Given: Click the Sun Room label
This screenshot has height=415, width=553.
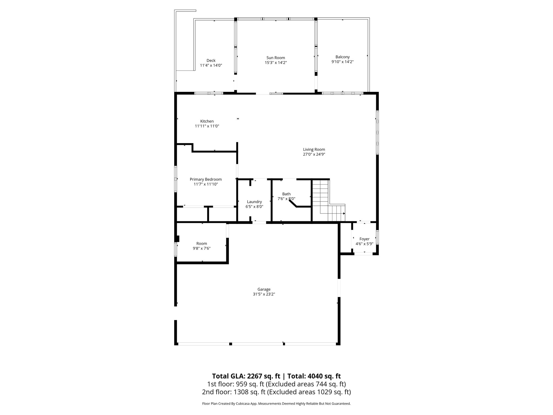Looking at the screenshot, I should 275,58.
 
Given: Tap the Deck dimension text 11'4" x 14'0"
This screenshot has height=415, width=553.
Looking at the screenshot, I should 211,65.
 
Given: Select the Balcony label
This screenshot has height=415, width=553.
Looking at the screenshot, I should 342,57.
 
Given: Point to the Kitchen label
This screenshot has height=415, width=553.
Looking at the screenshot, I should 207,121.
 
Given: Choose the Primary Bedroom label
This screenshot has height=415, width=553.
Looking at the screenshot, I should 205,179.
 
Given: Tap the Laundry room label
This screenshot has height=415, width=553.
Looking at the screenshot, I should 254,202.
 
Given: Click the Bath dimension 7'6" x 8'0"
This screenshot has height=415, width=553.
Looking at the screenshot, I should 286,199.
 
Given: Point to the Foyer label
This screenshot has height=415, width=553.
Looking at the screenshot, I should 364,239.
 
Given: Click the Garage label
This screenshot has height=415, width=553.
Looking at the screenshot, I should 264,289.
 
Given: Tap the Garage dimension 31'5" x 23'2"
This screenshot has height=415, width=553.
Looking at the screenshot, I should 264,294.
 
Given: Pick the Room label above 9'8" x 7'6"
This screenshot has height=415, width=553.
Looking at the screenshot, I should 201,244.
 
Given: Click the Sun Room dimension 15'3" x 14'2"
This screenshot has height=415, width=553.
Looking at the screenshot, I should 275,63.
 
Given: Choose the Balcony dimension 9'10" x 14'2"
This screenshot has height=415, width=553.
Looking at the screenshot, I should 342,62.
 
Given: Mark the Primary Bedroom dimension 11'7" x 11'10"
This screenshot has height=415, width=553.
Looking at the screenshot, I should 205,184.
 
